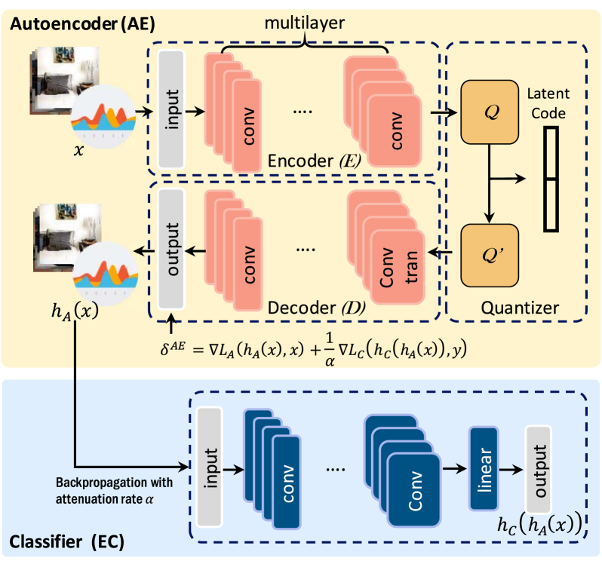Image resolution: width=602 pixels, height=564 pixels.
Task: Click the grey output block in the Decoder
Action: (171, 250)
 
